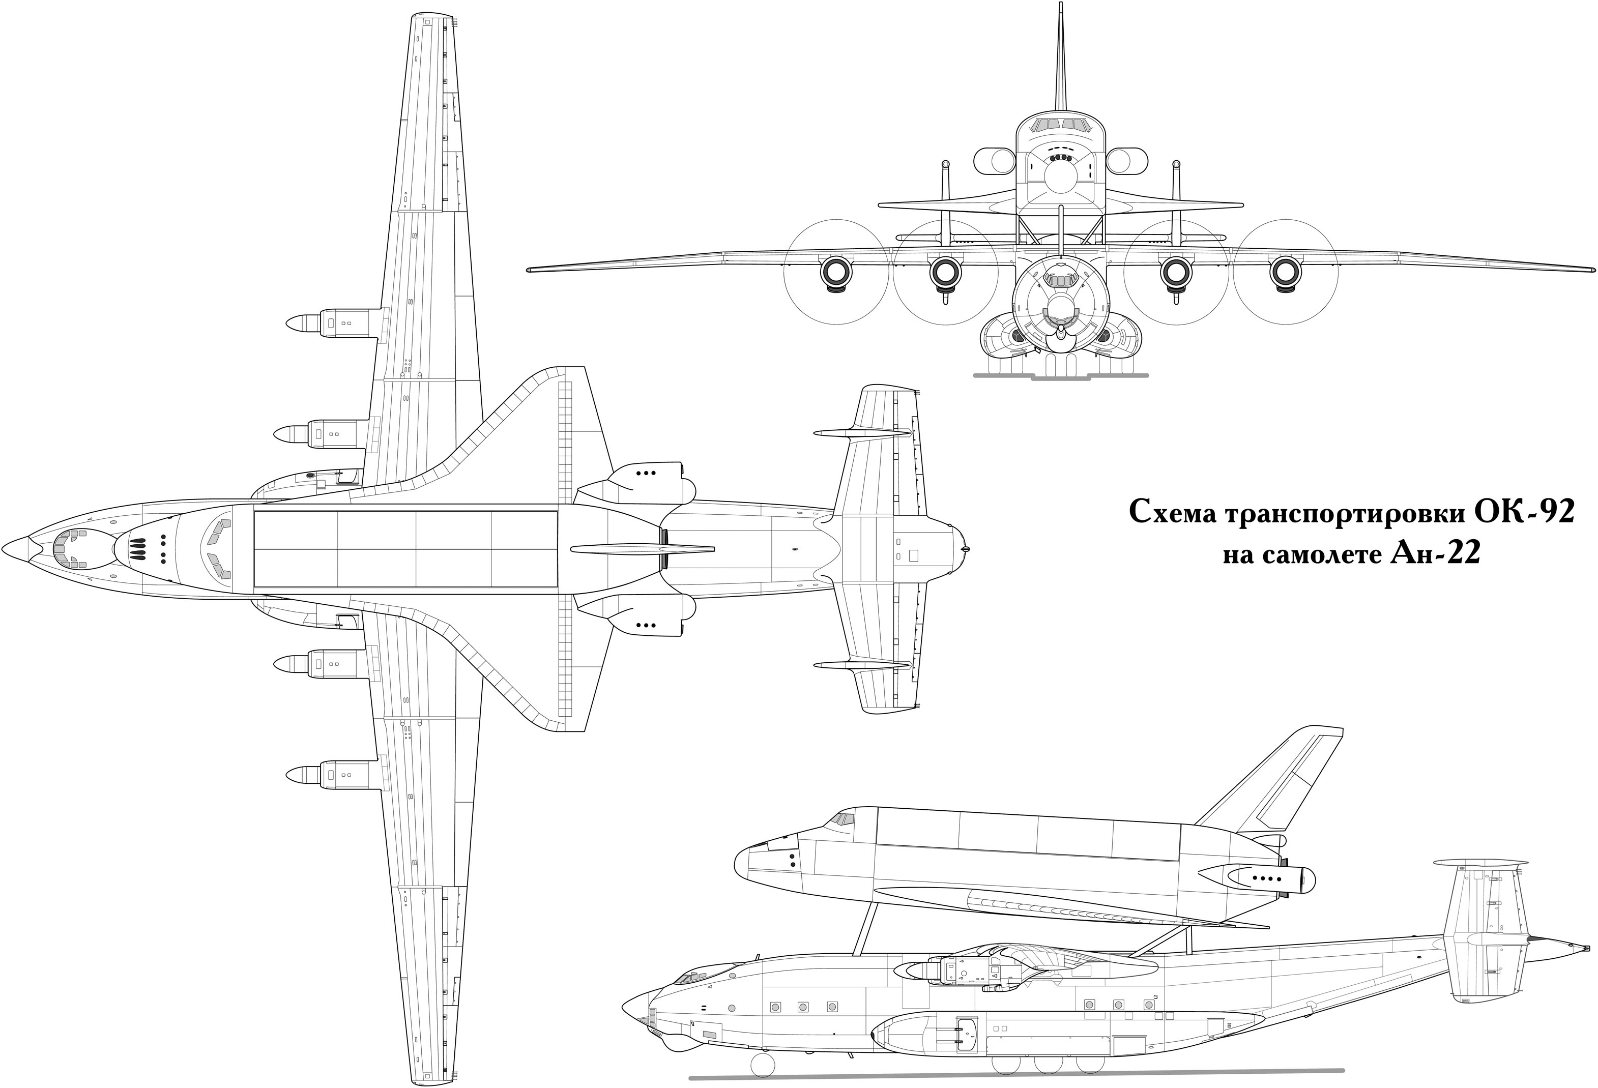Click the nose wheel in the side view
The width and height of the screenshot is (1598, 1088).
[x=763, y=1065]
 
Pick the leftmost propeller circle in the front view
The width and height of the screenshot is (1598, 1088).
[x=836, y=272]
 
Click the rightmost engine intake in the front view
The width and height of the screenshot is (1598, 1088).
[x=1285, y=272]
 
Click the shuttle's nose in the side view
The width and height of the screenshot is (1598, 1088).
[x=739, y=860]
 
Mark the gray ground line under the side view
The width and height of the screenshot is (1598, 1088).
[x=1016, y=1075]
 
